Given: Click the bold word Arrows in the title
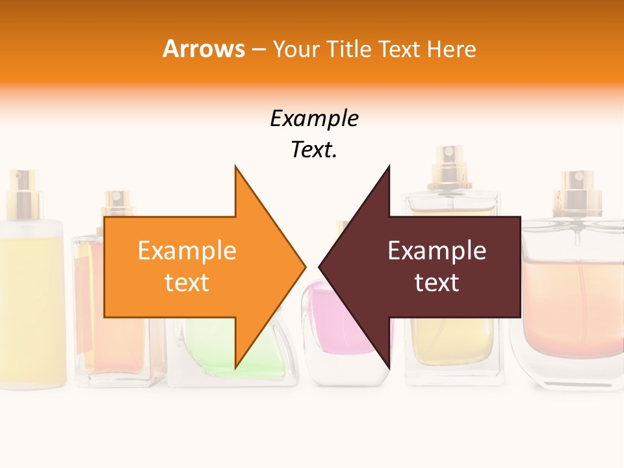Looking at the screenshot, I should pos(203,49).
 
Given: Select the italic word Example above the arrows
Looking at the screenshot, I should pos(314,119).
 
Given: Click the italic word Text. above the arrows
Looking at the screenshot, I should pos(314,150).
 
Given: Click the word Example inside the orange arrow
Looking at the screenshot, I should pos(187,251).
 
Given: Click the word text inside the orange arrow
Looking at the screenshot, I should pos(187,283).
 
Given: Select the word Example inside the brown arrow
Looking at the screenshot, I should pos(437,251).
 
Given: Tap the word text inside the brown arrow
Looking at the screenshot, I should pos(437,283).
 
